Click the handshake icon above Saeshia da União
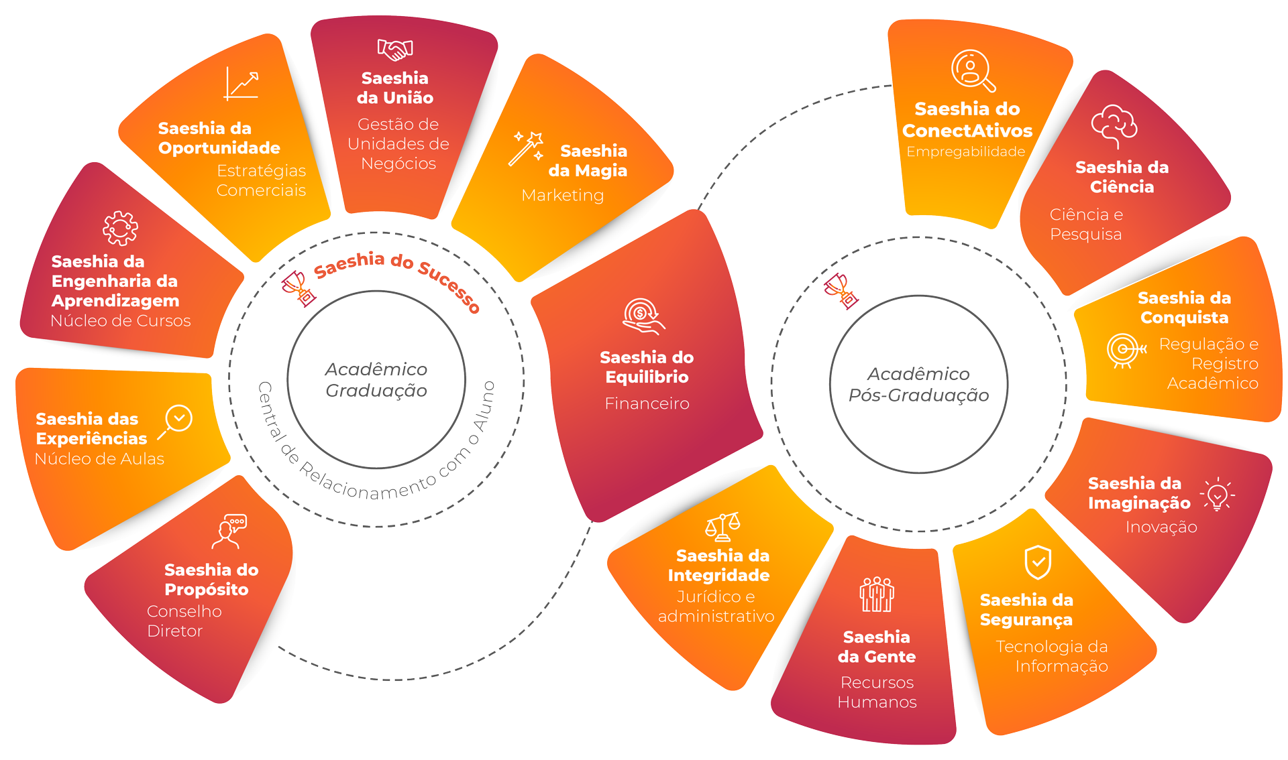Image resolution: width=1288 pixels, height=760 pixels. (x=394, y=50)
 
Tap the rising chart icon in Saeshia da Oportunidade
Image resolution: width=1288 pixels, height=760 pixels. (x=241, y=84)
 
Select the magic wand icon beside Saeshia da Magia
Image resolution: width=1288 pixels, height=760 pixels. (x=526, y=148)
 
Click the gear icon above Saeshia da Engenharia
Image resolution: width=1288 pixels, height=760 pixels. (x=121, y=229)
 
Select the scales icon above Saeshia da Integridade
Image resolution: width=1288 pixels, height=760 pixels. (x=722, y=527)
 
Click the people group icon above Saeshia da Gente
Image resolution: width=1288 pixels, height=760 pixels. (x=877, y=594)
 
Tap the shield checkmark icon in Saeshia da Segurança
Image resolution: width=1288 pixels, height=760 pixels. (x=1038, y=562)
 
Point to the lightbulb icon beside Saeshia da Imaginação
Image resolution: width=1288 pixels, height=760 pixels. (x=1217, y=495)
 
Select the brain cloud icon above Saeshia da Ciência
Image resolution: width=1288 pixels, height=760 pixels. (x=1114, y=125)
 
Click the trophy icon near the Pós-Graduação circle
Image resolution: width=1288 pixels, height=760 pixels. (x=841, y=291)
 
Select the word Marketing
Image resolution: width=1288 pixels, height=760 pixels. (x=562, y=195)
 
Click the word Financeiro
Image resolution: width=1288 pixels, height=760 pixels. (x=647, y=403)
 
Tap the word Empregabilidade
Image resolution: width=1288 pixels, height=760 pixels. (x=965, y=151)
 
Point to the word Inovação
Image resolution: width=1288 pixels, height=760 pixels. (x=1161, y=527)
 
